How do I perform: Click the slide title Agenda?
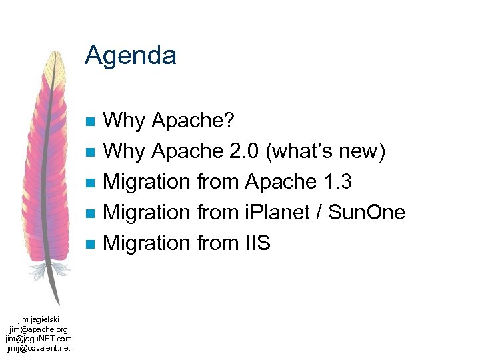pyautogui.click(x=131, y=55)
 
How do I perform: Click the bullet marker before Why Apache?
pyautogui.click(x=91, y=121)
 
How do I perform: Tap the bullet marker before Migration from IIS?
pyautogui.click(x=91, y=243)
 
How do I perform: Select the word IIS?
pyautogui.click(x=253, y=243)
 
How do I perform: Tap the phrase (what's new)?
pyautogui.click(x=325, y=152)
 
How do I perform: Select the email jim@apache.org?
pyautogui.click(x=39, y=329)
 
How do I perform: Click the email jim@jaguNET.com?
pyautogui.click(x=39, y=339)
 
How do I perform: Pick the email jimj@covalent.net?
pyautogui.click(x=39, y=347)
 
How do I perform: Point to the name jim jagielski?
pyautogui.click(x=39, y=320)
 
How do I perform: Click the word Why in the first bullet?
pyautogui.click(x=125, y=121)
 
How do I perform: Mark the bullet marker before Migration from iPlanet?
pyautogui.click(x=91, y=213)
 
